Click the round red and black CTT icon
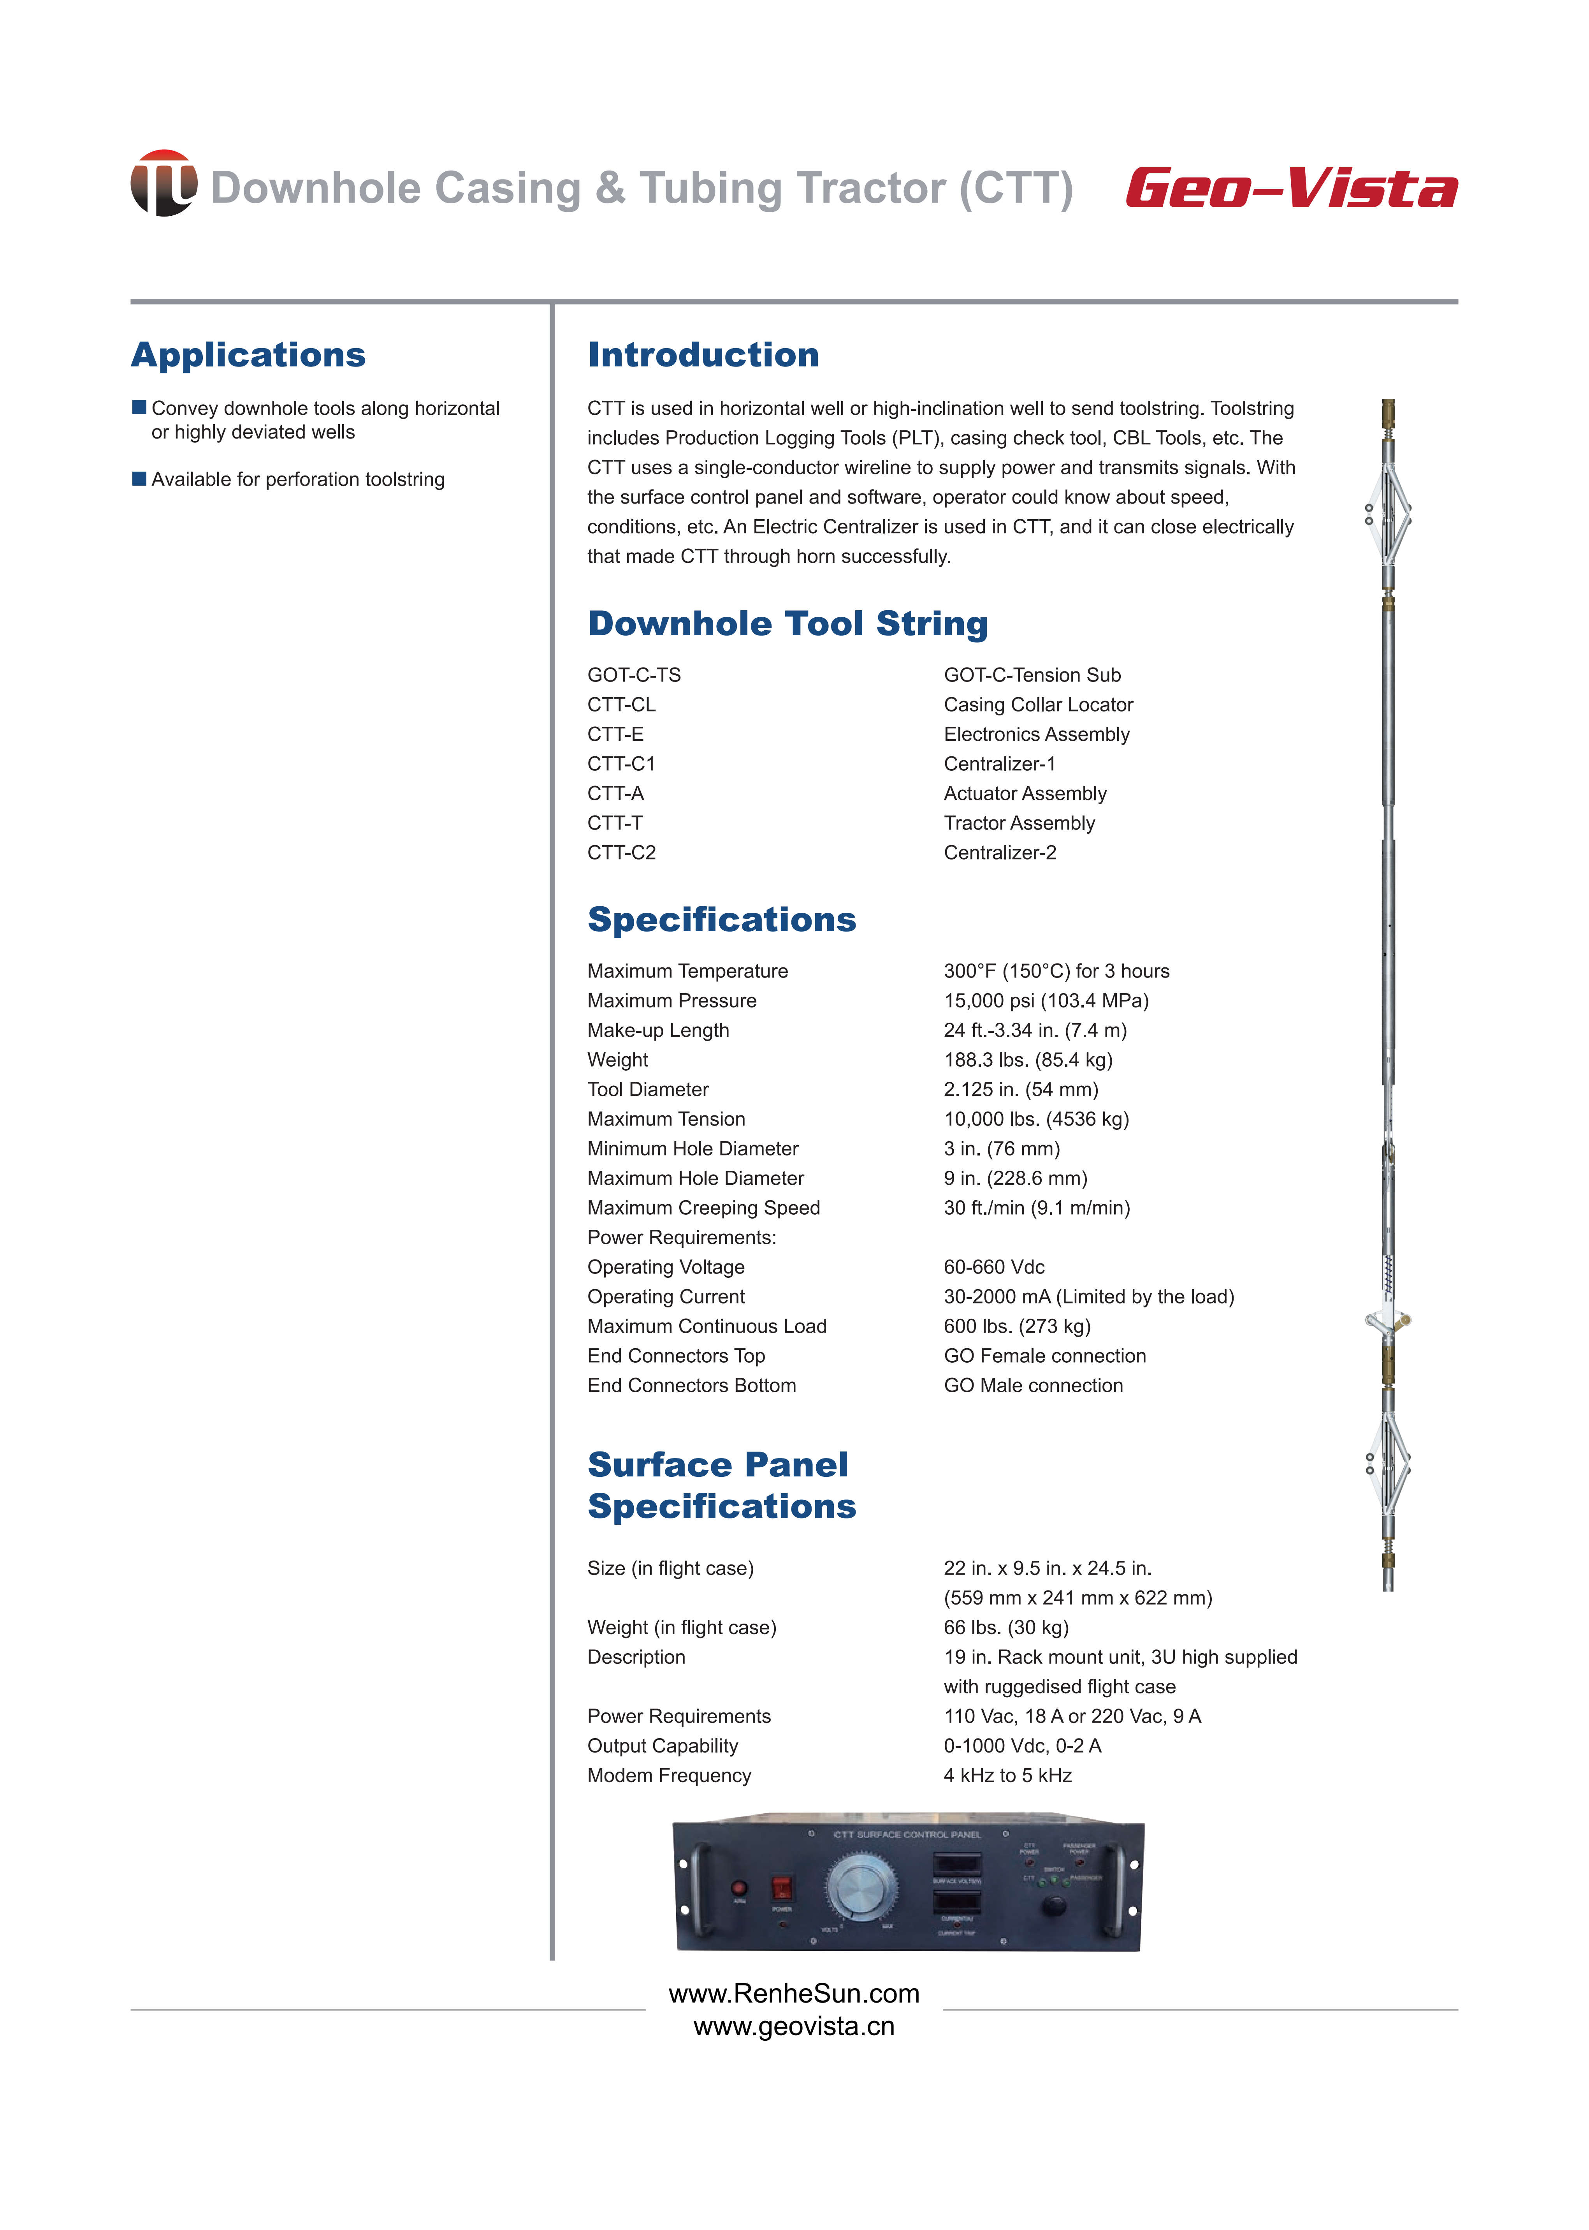(x=163, y=183)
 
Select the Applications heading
(x=248, y=354)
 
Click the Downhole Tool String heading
(x=787, y=624)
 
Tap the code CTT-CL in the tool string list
(x=621, y=705)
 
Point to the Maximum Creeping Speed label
(x=703, y=1208)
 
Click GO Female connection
(x=1044, y=1356)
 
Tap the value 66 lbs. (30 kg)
(x=1006, y=1627)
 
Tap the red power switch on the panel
(x=782, y=1887)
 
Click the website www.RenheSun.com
(x=793, y=1993)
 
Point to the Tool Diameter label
(x=648, y=1090)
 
